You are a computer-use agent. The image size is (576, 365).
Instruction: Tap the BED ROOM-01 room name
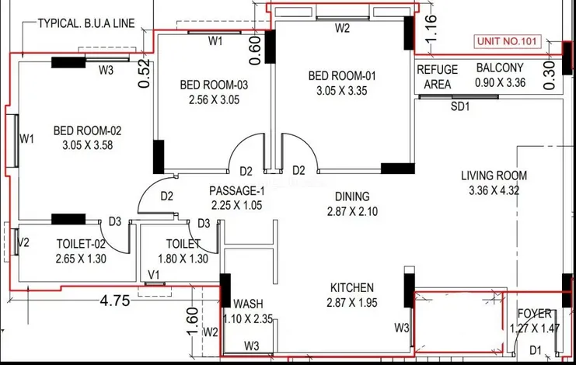342,76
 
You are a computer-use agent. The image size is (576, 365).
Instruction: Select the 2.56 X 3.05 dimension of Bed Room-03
214,99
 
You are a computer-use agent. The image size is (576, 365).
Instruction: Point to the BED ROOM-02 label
87,130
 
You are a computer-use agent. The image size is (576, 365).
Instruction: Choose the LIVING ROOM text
494,176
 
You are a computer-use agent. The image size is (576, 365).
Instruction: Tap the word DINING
352,196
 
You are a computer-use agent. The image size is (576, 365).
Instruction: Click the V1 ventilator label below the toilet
154,275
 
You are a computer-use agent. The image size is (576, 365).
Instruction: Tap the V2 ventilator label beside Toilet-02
23,243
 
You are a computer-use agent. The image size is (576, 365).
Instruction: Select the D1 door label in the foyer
536,350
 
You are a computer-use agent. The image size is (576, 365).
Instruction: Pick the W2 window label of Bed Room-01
343,28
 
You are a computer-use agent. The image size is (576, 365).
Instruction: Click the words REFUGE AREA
438,75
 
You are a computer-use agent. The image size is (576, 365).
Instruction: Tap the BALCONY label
500,68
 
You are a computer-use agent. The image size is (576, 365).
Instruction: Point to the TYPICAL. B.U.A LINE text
86,23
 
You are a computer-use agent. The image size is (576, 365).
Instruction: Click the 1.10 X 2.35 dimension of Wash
250,317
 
